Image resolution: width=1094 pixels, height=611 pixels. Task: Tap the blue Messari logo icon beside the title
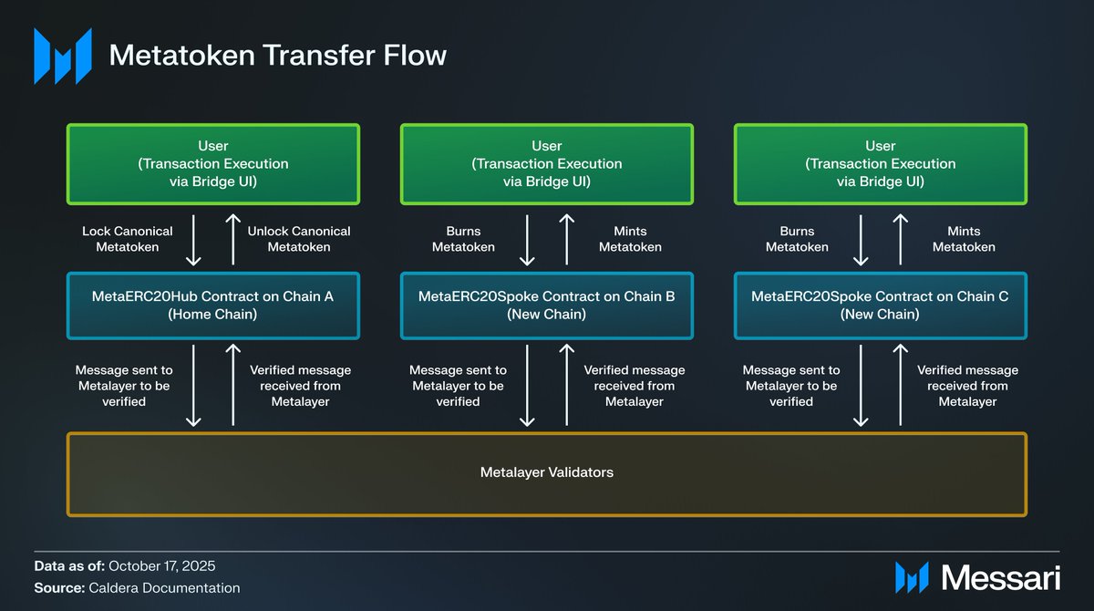click(63, 56)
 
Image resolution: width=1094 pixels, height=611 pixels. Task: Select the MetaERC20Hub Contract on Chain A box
click(213, 305)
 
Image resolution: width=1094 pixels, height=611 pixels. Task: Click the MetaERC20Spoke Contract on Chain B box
click(547, 305)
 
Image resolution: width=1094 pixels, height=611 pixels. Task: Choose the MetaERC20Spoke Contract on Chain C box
click(880, 305)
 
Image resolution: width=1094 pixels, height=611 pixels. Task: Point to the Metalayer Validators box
click(547, 472)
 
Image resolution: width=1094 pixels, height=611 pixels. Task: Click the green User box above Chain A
click(213, 163)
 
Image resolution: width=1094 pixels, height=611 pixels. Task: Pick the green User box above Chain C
click(880, 163)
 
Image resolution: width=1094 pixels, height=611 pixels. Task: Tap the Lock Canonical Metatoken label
click(128, 239)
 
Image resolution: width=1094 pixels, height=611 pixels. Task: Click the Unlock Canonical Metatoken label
click(299, 239)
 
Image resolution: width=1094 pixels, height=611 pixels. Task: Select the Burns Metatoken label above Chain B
click(463, 239)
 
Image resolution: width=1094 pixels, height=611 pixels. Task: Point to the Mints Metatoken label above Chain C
click(964, 239)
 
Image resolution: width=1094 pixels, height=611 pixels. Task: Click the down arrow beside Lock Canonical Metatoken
click(193, 239)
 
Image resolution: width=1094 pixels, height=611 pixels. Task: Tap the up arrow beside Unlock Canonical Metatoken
click(233, 239)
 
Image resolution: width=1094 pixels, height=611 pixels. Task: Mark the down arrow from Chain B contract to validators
click(527, 385)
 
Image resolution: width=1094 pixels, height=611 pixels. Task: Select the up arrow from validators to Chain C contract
click(900, 385)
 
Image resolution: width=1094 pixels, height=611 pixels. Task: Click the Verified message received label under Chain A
click(300, 386)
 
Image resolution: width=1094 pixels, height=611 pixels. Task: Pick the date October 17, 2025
click(161, 565)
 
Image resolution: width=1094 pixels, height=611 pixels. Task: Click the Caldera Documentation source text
click(164, 588)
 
